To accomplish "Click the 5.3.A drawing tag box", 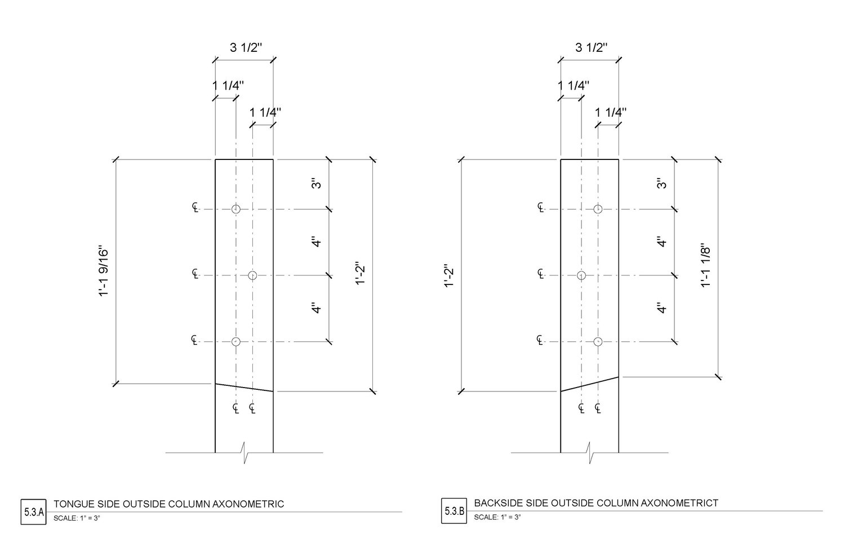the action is click(34, 512).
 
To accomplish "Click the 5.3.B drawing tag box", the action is click(454, 511).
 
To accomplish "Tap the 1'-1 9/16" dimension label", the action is click(103, 273).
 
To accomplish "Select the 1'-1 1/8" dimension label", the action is click(705, 267).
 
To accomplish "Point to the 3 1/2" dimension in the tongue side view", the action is click(246, 47).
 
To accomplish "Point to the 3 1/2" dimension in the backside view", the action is click(591, 47).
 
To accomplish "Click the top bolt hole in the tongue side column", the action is click(236, 209).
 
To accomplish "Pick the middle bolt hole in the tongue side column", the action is click(252, 275).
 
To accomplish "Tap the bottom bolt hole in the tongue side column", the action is click(236, 342).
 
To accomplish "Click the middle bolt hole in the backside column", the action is click(581, 275).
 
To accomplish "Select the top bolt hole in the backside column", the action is click(598, 209).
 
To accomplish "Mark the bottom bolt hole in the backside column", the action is click(598, 342).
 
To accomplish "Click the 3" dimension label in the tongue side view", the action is click(317, 183).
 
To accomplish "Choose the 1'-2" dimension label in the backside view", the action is click(448, 275).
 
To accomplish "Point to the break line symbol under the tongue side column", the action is click(244, 453).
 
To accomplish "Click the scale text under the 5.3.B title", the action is click(497, 517).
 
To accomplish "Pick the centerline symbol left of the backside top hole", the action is click(541, 207).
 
